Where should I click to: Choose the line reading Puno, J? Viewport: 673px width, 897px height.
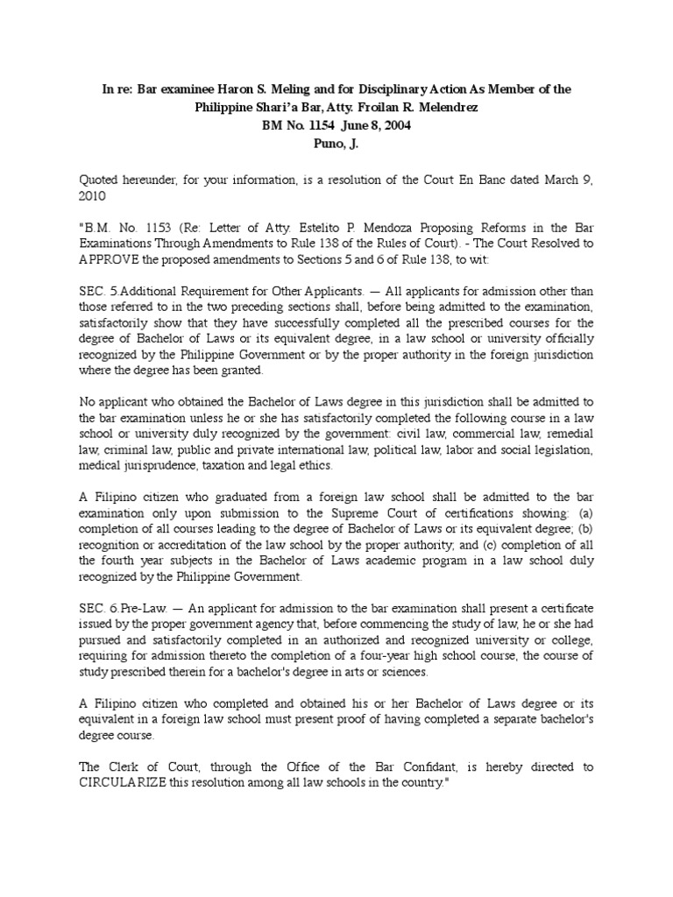click(336, 143)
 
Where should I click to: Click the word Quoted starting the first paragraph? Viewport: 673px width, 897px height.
click(100, 179)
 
